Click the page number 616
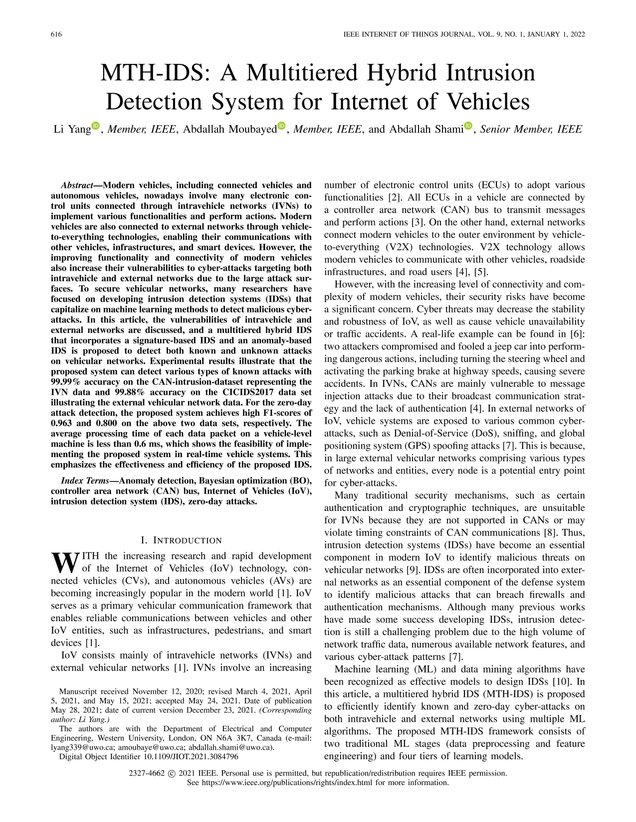(56, 34)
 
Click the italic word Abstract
(79, 185)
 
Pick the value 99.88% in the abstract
(127, 392)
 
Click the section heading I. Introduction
(182, 540)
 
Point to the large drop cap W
(65, 563)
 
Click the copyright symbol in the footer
(172, 774)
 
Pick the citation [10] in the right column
(561, 681)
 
